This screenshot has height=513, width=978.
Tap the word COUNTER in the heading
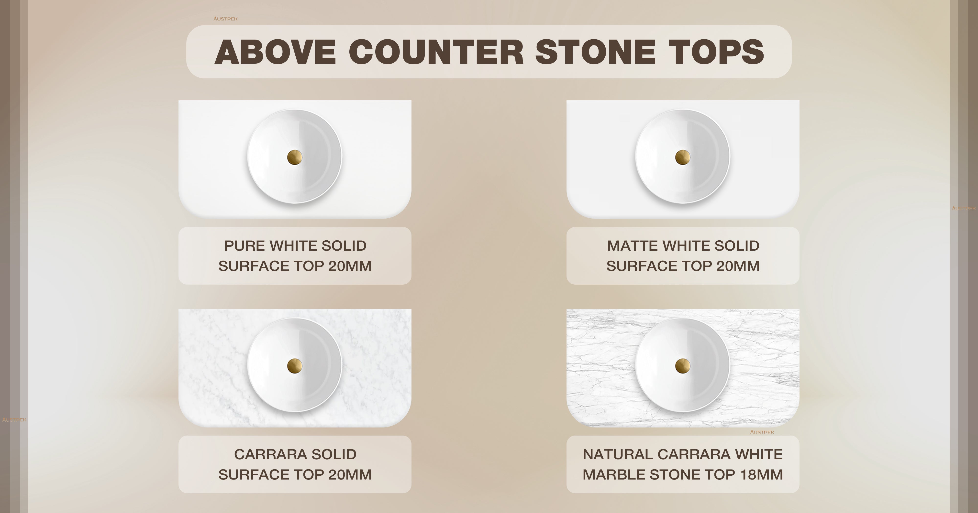coord(436,52)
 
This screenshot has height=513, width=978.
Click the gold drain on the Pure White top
coord(295,157)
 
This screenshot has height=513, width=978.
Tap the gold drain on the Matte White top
coord(683,157)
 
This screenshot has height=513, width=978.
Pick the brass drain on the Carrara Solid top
coord(295,366)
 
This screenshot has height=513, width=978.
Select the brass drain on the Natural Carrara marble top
coord(683,366)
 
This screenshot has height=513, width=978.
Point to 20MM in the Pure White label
coord(350,266)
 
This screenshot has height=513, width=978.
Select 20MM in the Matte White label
coord(738,266)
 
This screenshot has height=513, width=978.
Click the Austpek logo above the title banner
coord(225,19)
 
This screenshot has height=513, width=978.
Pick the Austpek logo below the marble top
coord(762,432)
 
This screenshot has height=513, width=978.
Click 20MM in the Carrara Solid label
coord(350,475)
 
